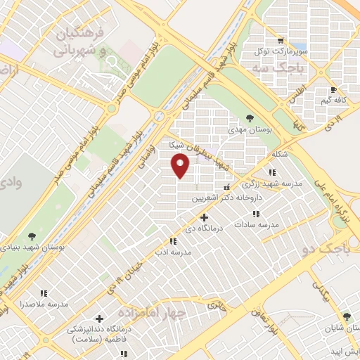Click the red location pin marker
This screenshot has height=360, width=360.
[181, 166]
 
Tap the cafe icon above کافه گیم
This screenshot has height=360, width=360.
[333, 91]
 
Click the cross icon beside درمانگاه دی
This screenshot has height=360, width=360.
[205, 217]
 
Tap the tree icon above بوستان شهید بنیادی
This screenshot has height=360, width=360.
[31, 236]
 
